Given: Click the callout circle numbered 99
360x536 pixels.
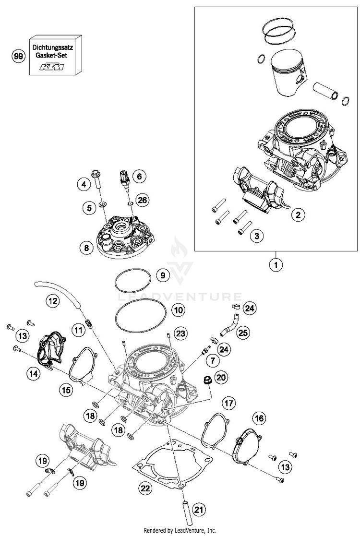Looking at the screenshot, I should click(x=18, y=57).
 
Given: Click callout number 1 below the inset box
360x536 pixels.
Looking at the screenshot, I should click(x=276, y=263).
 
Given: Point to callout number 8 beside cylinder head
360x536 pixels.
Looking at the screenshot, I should click(x=86, y=248).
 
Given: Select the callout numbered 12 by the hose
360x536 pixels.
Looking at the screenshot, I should click(x=52, y=301).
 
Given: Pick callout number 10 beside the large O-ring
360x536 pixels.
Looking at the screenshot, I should click(x=165, y=310).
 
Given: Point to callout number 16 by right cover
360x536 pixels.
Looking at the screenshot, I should click(x=259, y=418).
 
